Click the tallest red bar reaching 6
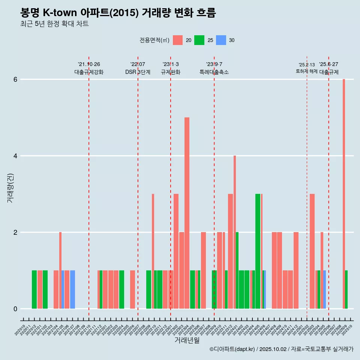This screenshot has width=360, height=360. tap(344, 193)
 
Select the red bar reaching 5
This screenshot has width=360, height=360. tap(187, 213)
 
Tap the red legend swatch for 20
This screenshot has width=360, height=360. tap(178, 40)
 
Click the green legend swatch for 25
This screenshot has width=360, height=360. tap(199, 40)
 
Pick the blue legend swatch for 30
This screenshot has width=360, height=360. tap(221, 40)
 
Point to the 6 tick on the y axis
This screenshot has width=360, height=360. tap(15, 79)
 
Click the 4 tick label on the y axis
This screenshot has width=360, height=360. tap(15, 156)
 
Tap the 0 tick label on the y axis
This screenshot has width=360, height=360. tap(15, 309)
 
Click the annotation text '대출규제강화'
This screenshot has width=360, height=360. tap(89, 72)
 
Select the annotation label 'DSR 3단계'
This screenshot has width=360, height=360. tap(138, 72)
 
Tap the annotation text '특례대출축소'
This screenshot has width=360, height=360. tap(214, 72)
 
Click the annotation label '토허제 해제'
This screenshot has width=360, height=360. tap(307, 71)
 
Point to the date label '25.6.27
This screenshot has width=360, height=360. tap(328, 64)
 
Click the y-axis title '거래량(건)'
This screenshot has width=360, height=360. tap(10, 188)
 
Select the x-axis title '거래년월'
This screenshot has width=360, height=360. tap(187, 340)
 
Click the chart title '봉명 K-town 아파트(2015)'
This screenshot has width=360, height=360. tap(118, 13)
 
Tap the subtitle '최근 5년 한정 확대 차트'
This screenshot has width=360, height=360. tap(55, 24)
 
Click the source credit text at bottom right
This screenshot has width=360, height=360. tap(282, 349)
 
